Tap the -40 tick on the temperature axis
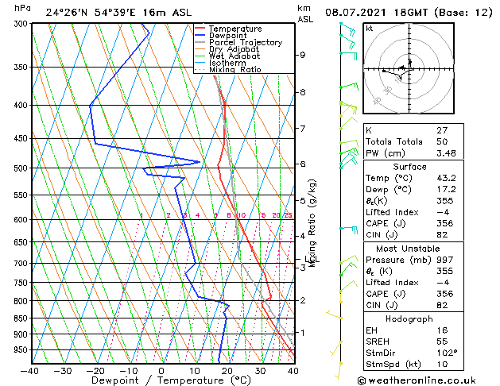click(x=30, y=370)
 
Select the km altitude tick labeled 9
click(x=302, y=55)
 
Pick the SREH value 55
click(x=442, y=342)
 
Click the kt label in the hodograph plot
click(x=369, y=28)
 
